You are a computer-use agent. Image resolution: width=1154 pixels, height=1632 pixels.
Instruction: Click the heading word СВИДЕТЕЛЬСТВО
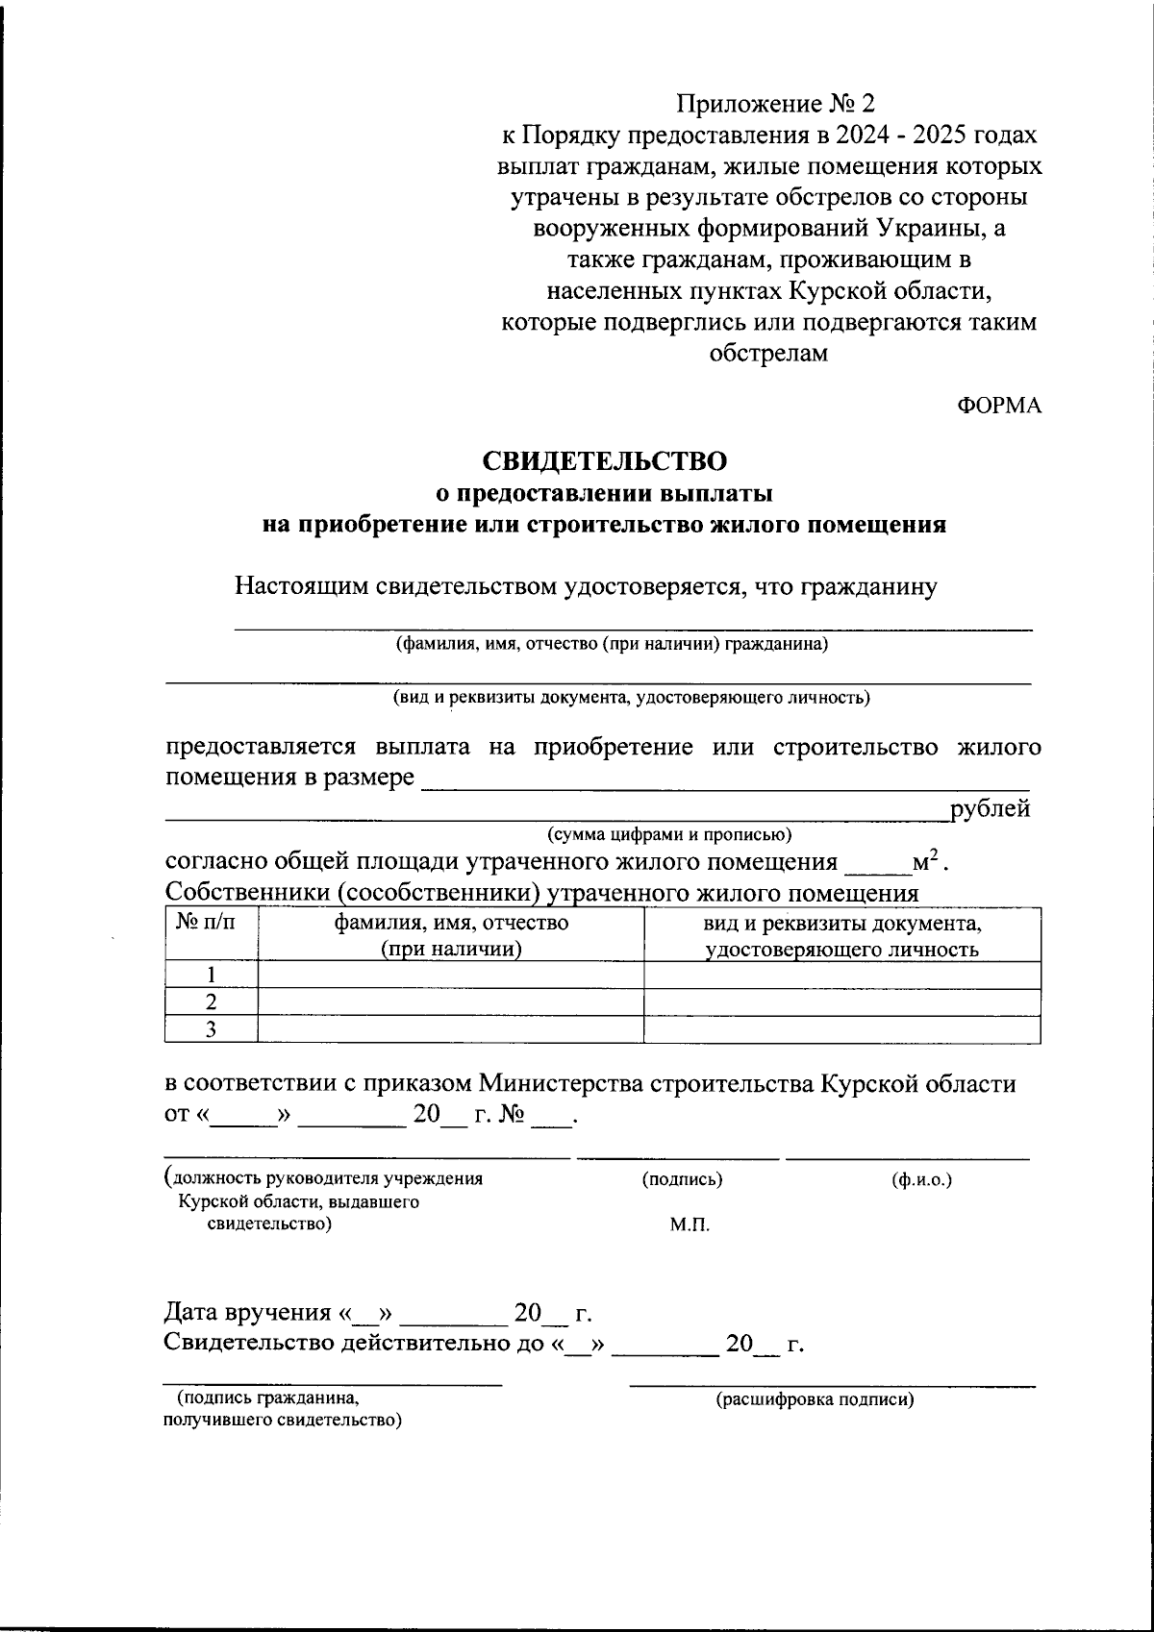pyautogui.click(x=604, y=461)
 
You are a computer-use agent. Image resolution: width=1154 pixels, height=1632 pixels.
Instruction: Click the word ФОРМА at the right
pyautogui.click(x=999, y=406)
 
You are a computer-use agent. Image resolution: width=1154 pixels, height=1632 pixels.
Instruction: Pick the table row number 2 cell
pyautogui.click(x=211, y=1001)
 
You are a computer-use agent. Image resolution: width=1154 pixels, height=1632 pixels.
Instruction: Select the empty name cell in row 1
pyautogui.click(x=450, y=975)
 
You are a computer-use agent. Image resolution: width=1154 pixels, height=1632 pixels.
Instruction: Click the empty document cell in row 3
pyautogui.click(x=841, y=1029)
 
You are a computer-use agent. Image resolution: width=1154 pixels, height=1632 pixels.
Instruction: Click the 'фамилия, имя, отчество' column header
pyautogui.click(x=450, y=935)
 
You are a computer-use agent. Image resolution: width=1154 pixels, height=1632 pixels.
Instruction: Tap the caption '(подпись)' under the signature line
pyautogui.click(x=682, y=1179)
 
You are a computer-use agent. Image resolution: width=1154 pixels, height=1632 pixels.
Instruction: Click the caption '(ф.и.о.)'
pyautogui.click(x=922, y=1179)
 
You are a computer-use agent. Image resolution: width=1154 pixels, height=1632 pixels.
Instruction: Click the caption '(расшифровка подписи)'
pyautogui.click(x=815, y=1399)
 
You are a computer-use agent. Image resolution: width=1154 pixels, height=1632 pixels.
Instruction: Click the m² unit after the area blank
pyautogui.click(x=926, y=861)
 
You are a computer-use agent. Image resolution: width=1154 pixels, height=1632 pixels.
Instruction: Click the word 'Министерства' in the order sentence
pyautogui.click(x=563, y=1084)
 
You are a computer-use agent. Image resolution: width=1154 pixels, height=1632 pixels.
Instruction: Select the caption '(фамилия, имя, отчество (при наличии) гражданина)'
pyautogui.click(x=613, y=645)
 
